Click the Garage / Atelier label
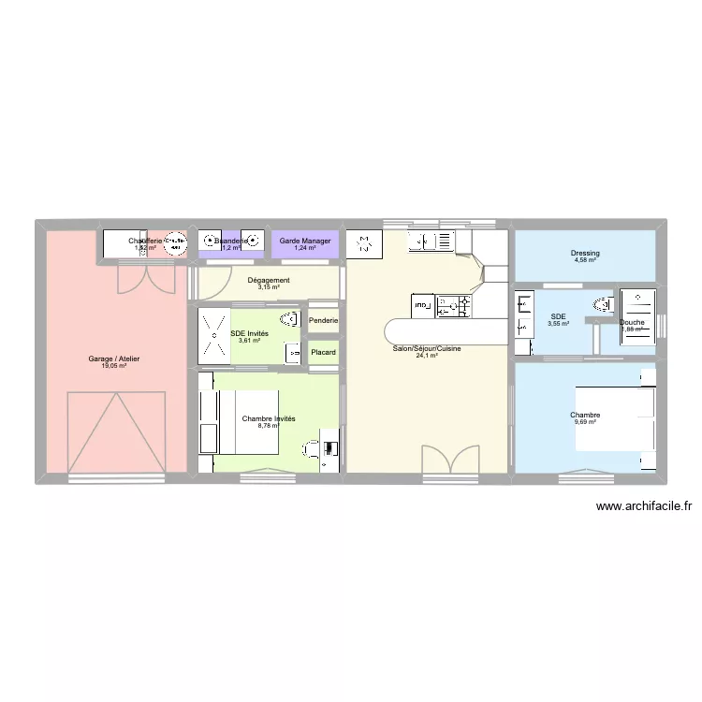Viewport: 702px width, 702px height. coord(114,358)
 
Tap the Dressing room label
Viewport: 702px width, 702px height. coord(585,254)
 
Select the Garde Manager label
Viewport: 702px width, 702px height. coord(305,241)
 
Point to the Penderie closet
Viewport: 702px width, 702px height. coord(323,321)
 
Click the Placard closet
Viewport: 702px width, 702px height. coord(323,352)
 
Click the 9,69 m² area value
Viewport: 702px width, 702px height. coord(585,422)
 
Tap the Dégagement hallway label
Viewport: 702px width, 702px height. coord(269,280)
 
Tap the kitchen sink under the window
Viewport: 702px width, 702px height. coord(435,242)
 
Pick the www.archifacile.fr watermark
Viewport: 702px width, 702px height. coord(643,507)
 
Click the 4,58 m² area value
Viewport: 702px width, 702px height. coord(585,261)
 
